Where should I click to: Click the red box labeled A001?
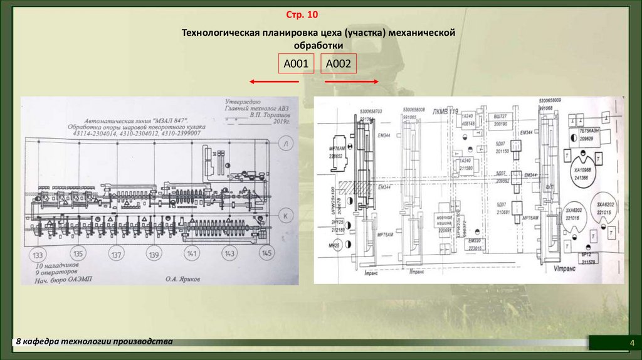tap(295, 63)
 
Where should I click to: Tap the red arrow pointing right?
tap(352, 82)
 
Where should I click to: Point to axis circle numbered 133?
tap(38, 255)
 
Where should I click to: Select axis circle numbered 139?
tap(154, 255)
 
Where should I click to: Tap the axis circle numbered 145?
tap(267, 253)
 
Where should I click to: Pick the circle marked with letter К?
tap(286, 215)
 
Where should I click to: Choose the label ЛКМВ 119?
tap(446, 111)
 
